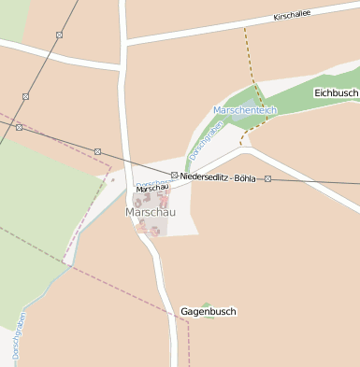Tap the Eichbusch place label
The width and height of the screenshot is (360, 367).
coord(336,93)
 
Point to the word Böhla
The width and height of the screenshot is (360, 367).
coord(245,176)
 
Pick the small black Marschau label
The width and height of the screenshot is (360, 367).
coord(151,189)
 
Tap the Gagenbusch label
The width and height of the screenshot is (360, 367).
coord(208,311)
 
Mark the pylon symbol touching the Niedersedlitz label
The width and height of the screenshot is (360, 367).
coord(174,176)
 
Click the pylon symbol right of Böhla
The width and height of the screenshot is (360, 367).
coord(267,177)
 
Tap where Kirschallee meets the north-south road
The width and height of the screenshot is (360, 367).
coord(124,44)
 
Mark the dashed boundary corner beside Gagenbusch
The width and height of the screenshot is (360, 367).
coord(190,320)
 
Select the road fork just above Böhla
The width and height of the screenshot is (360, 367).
coord(245,148)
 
